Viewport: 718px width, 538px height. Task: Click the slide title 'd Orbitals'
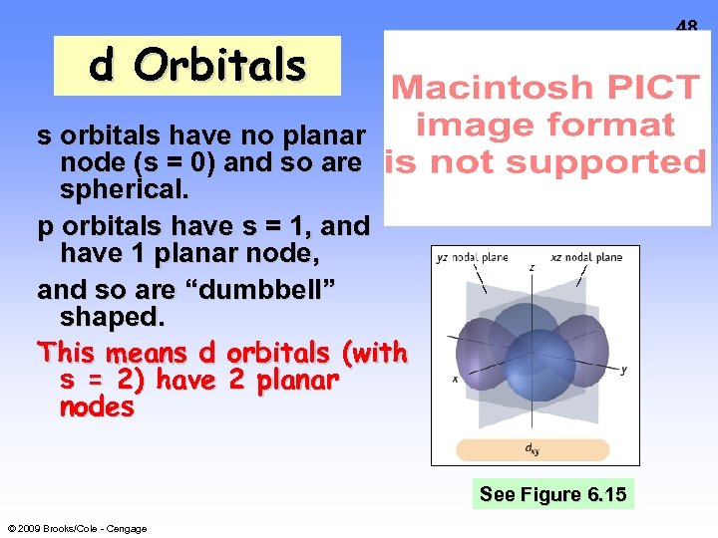[196, 66]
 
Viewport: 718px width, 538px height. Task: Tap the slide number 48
[686, 28]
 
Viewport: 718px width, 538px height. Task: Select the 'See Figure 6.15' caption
[552, 494]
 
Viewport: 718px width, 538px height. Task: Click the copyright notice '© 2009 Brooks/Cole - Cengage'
[77, 528]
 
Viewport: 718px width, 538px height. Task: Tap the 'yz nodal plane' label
[472, 257]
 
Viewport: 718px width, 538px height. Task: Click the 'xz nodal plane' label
[586, 257]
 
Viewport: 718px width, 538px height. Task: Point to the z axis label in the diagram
[532, 268]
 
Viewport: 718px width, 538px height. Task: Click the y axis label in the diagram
[623, 370]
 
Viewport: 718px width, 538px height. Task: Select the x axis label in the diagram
[455, 379]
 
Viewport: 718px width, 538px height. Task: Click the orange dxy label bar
[534, 448]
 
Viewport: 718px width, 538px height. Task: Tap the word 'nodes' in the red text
[97, 407]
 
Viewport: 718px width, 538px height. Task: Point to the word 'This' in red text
[69, 353]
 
